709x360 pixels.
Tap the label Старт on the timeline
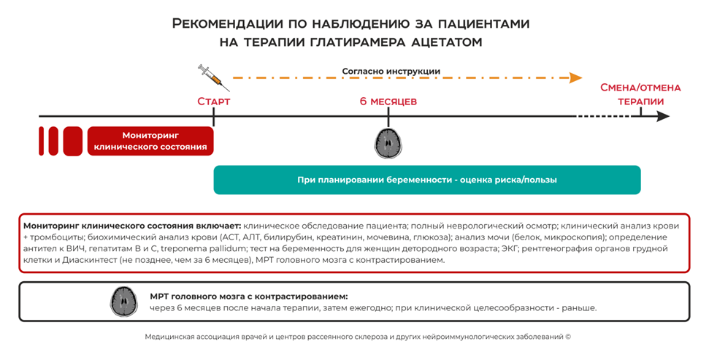[x=213, y=102]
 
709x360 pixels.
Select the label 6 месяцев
[x=388, y=102]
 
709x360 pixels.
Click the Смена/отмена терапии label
[x=640, y=94]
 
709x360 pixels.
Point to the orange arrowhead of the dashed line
[x=576, y=77]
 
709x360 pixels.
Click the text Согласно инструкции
[x=391, y=72]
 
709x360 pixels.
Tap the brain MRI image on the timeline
[x=388, y=142]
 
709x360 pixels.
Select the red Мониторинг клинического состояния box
[x=150, y=141]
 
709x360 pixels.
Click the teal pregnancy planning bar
[x=426, y=180]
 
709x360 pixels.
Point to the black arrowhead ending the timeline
[x=663, y=116]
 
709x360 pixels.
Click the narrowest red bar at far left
[x=42, y=141]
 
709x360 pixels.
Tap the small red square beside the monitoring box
[x=73, y=141]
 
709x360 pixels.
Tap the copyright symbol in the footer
[x=567, y=337]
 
